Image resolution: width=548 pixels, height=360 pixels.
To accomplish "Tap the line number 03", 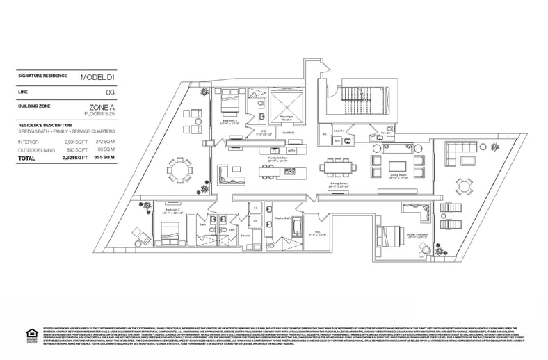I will pos(110,92).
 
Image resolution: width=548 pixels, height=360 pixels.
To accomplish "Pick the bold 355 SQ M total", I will pos(105,158).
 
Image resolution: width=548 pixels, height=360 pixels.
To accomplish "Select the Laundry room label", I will pos(339,130).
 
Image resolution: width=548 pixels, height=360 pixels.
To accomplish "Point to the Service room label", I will pos(245,236).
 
